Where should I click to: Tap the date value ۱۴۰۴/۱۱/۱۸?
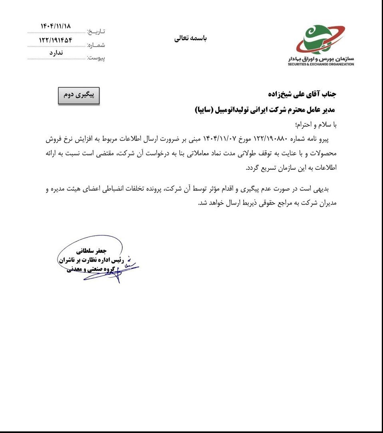[56, 26]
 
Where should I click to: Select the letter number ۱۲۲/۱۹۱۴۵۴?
[56, 40]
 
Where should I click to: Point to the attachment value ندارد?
[56, 53]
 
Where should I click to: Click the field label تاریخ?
[96, 31]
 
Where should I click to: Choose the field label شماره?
[96, 45]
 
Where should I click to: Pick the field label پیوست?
[96, 58]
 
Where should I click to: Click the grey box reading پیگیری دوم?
[79, 96]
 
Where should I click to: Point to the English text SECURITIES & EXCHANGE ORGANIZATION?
[321, 64]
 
